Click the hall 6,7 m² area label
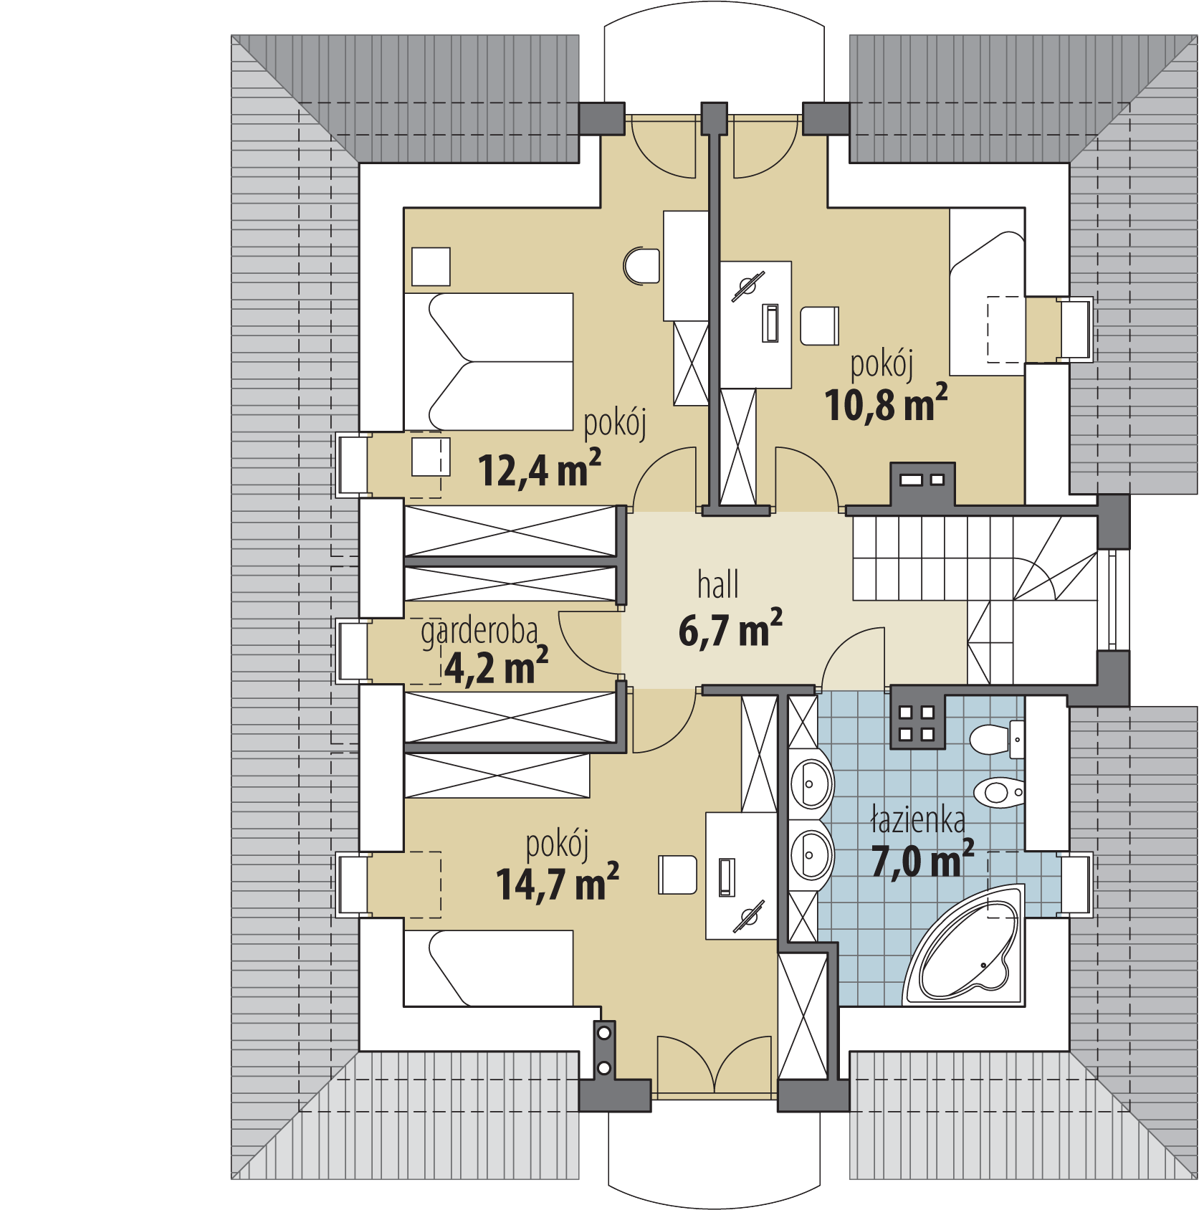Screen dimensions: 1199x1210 pos(730,609)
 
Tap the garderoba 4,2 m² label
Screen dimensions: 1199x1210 pos(484,651)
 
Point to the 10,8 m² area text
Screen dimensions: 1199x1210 pos(886,404)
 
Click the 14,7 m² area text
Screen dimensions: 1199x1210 pos(558,882)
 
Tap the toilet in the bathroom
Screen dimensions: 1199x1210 pos(998,739)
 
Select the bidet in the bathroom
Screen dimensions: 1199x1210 pos(999,792)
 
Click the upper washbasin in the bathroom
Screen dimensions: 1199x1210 pos(811,784)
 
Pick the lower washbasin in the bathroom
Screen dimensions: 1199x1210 pos(811,855)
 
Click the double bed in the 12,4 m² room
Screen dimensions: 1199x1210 pos(489,361)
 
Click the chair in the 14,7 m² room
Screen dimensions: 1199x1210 pos(677,875)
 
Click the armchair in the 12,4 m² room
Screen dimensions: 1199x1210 pos(641,266)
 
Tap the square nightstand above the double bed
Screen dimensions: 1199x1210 pos(431,267)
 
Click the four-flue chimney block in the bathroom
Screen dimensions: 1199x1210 pos(917,721)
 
